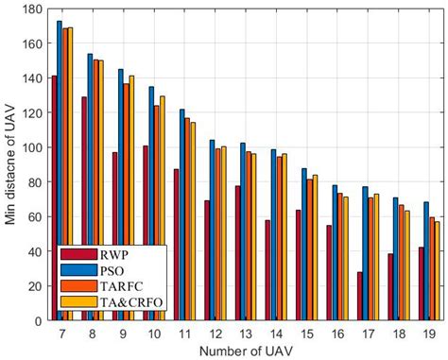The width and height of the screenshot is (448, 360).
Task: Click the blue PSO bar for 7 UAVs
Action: pos(60,170)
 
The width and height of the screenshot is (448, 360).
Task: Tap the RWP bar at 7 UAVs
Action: pos(54,197)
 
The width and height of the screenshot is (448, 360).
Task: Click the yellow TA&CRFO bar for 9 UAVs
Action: pos(131,197)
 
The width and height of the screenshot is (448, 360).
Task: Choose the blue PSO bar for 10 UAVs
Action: pos(150,203)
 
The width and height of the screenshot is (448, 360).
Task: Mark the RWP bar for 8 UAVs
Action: pos(84,208)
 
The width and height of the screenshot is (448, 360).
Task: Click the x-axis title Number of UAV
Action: pos(245,350)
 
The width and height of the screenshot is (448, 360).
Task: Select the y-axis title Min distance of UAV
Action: pos(11,165)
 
